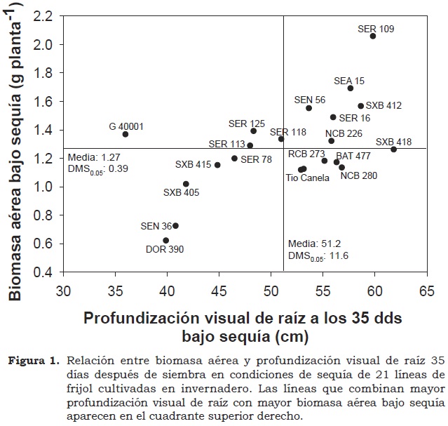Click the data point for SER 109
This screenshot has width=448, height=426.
tap(373, 36)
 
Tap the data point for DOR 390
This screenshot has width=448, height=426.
tap(166, 241)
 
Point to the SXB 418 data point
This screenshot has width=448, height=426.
tap(394, 149)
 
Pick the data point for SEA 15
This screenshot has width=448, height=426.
tap(351, 88)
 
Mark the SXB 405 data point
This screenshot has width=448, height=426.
tap(186, 184)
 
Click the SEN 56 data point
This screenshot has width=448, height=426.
tap(309, 108)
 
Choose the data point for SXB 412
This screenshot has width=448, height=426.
tap(361, 106)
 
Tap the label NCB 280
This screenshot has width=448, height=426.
tap(359, 175)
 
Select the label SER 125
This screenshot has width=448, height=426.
tap(247, 124)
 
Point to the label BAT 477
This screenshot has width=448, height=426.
tap(353, 155)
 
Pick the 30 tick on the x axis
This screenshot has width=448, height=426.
tap(64, 290)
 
